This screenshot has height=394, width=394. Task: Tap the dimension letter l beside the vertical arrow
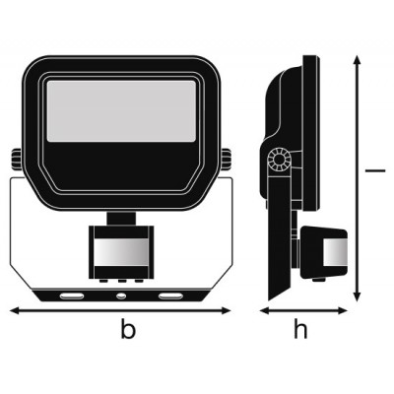click(375, 170)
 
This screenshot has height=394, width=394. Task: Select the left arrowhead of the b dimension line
click(15, 310)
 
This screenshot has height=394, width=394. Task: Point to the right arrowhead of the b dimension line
click(227, 310)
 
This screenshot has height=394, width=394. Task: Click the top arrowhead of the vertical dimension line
click(358, 60)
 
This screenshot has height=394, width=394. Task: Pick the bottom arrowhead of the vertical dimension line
click(358, 296)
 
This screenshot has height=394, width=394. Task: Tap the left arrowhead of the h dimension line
click(264, 310)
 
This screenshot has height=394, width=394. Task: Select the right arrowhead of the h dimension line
click(343, 310)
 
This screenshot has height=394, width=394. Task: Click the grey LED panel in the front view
click(121, 111)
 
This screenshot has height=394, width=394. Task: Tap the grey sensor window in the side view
click(335, 252)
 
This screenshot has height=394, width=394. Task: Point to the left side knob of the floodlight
click(17, 160)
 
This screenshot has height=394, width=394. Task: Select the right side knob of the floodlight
click(226, 160)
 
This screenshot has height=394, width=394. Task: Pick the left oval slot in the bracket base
click(72, 296)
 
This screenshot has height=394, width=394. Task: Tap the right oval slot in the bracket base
click(170, 296)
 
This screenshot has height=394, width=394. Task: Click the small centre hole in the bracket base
click(121, 296)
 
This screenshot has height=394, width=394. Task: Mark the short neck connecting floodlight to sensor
click(121, 219)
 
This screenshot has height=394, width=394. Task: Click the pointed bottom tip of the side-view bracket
click(269, 299)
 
